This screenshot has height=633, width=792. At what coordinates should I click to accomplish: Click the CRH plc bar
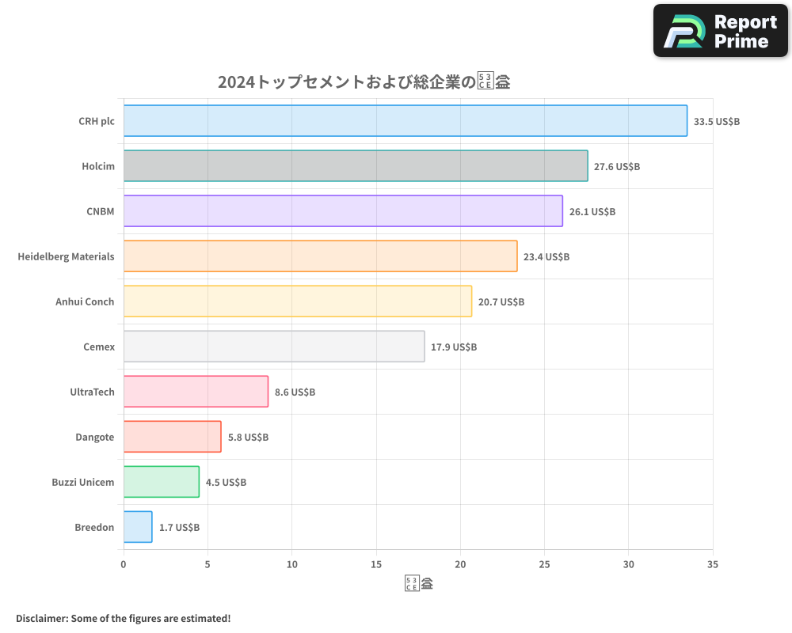pyautogui.click(x=405, y=121)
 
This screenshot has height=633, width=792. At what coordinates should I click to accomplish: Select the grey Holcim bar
pyautogui.click(x=356, y=166)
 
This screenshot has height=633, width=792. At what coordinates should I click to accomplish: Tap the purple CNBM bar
pyautogui.click(x=343, y=211)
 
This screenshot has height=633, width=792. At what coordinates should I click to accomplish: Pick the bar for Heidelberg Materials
pyautogui.click(x=320, y=256)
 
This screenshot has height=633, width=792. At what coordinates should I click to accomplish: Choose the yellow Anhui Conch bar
pyautogui.click(x=297, y=301)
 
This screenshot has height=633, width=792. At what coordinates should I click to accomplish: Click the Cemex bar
pyautogui.click(x=274, y=347)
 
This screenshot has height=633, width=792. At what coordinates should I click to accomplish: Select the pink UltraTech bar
pyautogui.click(x=196, y=392)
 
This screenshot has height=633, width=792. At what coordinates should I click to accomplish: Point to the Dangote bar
pyautogui.click(x=172, y=437)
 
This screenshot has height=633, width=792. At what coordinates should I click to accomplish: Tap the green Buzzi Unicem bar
pyautogui.click(x=161, y=482)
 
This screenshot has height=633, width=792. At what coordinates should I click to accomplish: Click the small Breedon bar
pyautogui.click(x=138, y=527)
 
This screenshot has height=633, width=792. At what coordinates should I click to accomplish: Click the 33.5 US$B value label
pyautogui.click(x=716, y=122)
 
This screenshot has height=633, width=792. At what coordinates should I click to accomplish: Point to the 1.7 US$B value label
pyautogui.click(x=179, y=528)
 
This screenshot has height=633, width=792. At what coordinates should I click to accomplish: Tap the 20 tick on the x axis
pyautogui.click(x=460, y=564)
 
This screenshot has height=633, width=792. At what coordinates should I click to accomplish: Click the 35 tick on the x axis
pyautogui.click(x=713, y=564)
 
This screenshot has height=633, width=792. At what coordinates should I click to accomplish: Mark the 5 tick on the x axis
pyautogui.click(x=208, y=564)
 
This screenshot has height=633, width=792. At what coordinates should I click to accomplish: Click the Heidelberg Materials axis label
pyautogui.click(x=66, y=256)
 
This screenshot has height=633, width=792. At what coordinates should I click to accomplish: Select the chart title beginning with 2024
pyautogui.click(x=364, y=81)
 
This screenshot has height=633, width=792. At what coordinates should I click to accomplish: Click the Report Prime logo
pyautogui.click(x=720, y=31)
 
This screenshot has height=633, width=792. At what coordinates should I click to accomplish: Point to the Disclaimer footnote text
pyautogui.click(x=123, y=618)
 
